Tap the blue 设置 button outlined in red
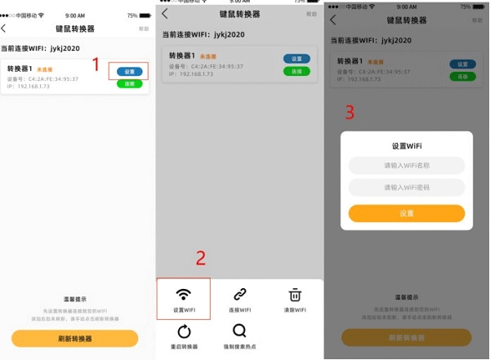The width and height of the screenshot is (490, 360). pos(129,72)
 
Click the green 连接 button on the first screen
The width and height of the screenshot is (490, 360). pos(129,83)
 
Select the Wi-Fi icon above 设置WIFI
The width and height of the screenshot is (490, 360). pos(184,294)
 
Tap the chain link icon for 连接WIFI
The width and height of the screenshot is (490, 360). pos(239,294)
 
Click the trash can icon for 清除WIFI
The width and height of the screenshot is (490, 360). pos(295,294)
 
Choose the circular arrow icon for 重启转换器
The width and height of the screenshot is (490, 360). pos(184,331)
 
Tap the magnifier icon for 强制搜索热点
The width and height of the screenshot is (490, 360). pos(239,331)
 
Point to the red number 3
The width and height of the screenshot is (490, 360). pos(350,113)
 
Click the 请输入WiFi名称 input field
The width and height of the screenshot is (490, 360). pos(407,166)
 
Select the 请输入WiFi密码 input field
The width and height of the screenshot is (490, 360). pos(407,188)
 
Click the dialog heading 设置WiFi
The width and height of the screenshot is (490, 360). pos(407,145)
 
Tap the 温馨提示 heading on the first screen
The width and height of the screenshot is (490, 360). pos(75,300)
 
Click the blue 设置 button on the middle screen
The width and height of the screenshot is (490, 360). pos(296,59)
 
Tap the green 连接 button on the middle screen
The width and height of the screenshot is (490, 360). pos(296,71)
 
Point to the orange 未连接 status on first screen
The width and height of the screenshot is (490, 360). pos(44,69)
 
